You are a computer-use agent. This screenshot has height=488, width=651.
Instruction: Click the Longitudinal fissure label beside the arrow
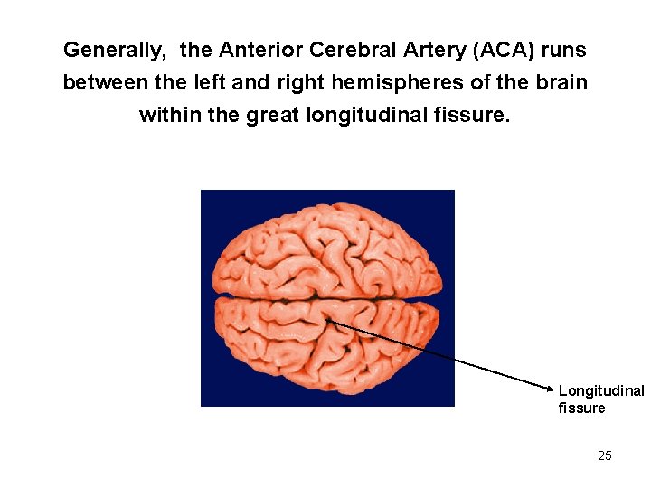coord(600,399)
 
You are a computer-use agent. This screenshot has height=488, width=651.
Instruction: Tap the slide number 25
coord(605,455)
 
